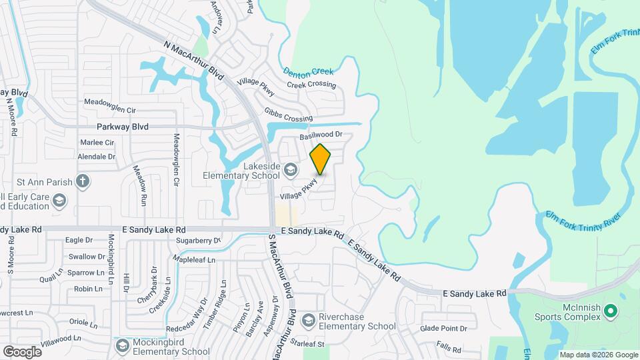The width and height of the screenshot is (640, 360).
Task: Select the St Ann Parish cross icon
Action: pyautogui.click(x=82, y=180)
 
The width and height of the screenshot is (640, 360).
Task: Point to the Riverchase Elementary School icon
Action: pyautogui.click(x=308, y=321)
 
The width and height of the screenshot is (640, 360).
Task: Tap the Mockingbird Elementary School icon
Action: pyautogui.click(x=122, y=345)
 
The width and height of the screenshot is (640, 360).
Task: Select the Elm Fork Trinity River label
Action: pyautogui.click(x=583, y=216)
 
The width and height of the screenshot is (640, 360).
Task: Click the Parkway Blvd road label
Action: pyautogui.click(x=122, y=126)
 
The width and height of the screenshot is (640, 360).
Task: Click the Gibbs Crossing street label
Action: pyautogui.click(x=288, y=115)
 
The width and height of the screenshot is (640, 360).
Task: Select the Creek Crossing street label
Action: pyautogui.click(x=311, y=85)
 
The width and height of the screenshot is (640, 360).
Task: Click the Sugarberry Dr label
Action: pyautogui.click(x=198, y=240)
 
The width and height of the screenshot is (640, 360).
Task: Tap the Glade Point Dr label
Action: pyautogui.click(x=448, y=328)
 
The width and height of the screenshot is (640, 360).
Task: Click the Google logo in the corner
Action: pyautogui.click(x=22, y=351)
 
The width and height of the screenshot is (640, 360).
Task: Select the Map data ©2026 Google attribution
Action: pyautogui.click(x=599, y=355)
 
